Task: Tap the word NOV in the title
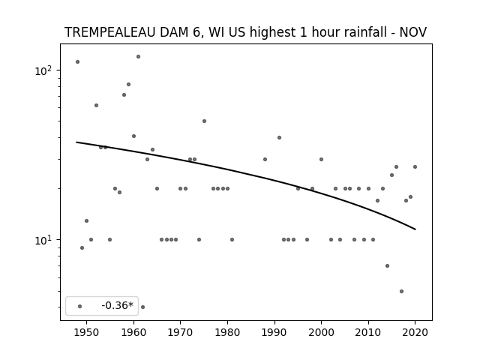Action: [x=413, y=32]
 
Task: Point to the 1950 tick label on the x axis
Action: [x=87, y=332]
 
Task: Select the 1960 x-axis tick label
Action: [x=133, y=332]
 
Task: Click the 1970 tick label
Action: [x=181, y=332]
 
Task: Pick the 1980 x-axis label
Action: [x=227, y=332]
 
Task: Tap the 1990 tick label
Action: [x=274, y=332]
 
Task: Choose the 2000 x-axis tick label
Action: [x=322, y=332]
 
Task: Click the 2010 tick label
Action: [x=368, y=332]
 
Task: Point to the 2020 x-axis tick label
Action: [x=415, y=332]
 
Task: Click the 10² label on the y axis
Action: [x=43, y=70]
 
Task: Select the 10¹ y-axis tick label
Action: [x=43, y=240]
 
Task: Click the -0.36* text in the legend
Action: [x=118, y=305]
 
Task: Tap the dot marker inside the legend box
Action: [x=80, y=306]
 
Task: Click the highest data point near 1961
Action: [x=138, y=57]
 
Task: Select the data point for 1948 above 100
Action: [x=77, y=61]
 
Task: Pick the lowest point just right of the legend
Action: [x=142, y=307]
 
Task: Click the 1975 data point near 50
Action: [x=204, y=121]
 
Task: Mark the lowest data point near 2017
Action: [x=402, y=292]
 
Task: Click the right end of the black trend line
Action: [x=415, y=229]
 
